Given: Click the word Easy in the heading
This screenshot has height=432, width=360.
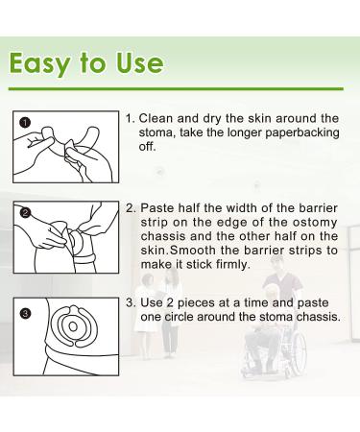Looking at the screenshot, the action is click(x=39, y=63).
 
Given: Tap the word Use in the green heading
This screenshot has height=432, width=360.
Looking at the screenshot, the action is click(x=139, y=62).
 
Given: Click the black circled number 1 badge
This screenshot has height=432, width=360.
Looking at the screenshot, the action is click(x=24, y=122).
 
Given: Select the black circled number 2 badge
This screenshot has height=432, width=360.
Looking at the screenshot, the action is click(x=26, y=212).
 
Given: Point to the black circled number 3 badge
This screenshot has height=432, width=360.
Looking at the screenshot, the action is click(x=25, y=313).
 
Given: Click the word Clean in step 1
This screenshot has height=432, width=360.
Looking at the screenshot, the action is click(x=156, y=118).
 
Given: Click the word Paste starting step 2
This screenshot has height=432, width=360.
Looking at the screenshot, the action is click(x=157, y=208).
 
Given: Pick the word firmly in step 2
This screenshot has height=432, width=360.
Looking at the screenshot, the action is click(x=232, y=265).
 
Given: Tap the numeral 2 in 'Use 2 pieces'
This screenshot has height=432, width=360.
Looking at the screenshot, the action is click(x=170, y=302).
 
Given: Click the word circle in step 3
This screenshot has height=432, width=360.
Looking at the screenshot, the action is click(x=179, y=317).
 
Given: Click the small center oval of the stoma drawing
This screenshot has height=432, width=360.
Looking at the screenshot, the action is click(x=73, y=326).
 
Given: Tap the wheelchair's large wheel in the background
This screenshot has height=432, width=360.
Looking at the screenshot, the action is click(x=300, y=352).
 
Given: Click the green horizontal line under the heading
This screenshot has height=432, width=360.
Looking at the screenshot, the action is click(x=176, y=88).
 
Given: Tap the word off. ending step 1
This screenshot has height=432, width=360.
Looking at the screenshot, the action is click(x=147, y=147).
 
